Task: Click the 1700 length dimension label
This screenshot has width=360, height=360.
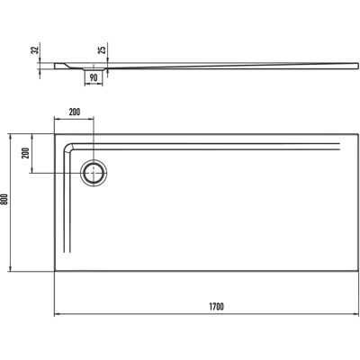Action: click(x=216, y=307)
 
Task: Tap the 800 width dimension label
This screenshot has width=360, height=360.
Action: click(x=4, y=199)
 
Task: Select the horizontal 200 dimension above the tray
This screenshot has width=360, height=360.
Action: click(x=75, y=112)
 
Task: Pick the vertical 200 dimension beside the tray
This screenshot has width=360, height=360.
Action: click(x=26, y=153)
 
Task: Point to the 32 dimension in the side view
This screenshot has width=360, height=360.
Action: click(x=35, y=50)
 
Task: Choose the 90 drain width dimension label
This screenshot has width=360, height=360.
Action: click(x=94, y=78)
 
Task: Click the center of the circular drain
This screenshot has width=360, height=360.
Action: click(x=94, y=174)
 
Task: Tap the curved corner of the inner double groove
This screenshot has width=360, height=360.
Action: click(x=67, y=148)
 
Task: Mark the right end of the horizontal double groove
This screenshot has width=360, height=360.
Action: click(x=339, y=147)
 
